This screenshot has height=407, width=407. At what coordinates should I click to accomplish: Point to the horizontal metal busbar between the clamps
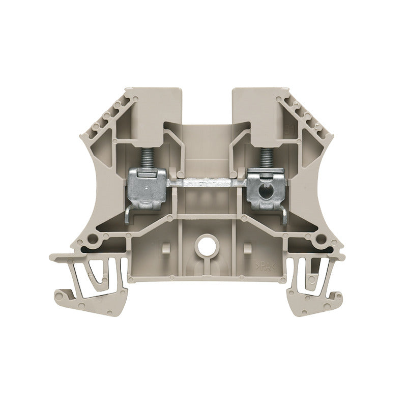click(x=206, y=181)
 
